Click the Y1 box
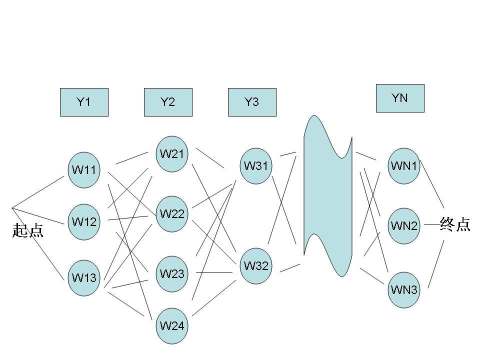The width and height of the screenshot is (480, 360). pyautogui.click(x=84, y=102)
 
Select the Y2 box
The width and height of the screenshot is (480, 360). pyautogui.click(x=168, y=102)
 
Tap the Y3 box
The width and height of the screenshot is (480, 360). pyautogui.click(x=252, y=102)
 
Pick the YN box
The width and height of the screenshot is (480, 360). pyautogui.click(x=400, y=98)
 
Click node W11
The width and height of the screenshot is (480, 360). pyautogui.click(x=84, y=169)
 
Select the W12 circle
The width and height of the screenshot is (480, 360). pyautogui.click(x=84, y=221)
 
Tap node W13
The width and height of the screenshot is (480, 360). pyautogui.click(x=84, y=277)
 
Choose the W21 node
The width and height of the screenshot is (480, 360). pyautogui.click(x=172, y=154)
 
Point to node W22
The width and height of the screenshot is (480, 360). pyautogui.click(x=172, y=214)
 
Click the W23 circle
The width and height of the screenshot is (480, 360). pyautogui.click(x=172, y=273)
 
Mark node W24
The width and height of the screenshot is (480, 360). pyautogui.click(x=172, y=326)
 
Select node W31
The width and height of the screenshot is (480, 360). pyautogui.click(x=256, y=166)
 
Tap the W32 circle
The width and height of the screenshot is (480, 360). pyautogui.click(x=256, y=265)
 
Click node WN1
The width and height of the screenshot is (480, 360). pyautogui.click(x=404, y=166)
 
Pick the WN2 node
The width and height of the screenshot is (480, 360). pyautogui.click(x=404, y=225)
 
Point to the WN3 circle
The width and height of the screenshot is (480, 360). pyautogui.click(x=404, y=289)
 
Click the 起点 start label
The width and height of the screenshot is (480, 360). pyautogui.click(x=28, y=230)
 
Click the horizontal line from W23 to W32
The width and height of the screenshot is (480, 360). pyautogui.click(x=214, y=272)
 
